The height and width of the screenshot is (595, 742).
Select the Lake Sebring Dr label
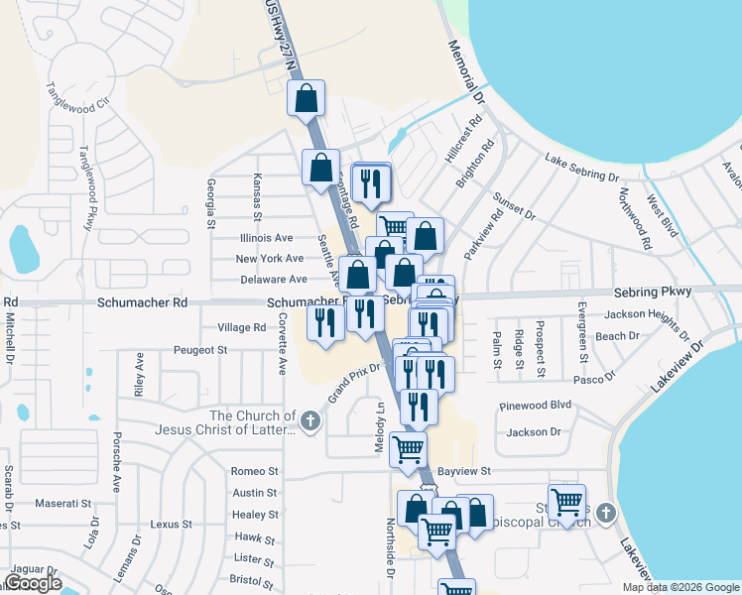582,167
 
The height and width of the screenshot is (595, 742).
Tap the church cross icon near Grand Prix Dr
309,422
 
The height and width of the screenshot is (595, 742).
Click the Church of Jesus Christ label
254,422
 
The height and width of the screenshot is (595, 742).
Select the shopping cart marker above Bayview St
409,449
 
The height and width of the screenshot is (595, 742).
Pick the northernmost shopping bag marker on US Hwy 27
307,98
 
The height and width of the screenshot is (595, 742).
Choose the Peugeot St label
200,350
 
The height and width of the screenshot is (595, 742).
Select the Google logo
33,583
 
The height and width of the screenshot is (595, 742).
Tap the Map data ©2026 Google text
680,587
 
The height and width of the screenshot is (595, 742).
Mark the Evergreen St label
582,350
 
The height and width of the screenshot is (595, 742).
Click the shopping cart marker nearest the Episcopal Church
566,502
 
